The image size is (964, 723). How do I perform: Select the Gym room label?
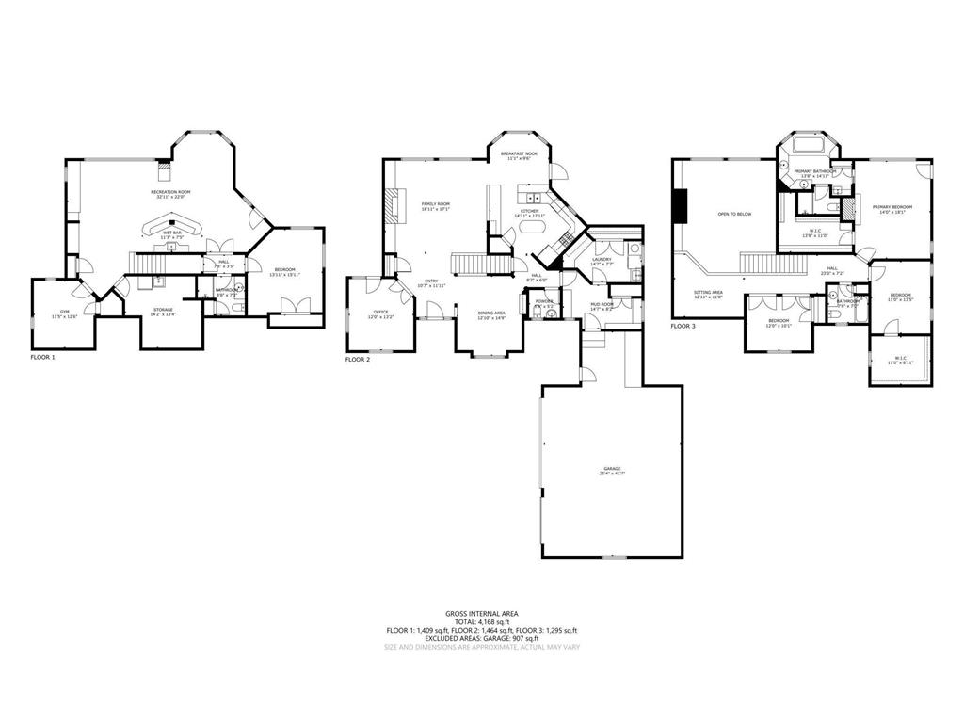[64, 313]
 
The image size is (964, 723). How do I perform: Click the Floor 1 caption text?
[43, 358]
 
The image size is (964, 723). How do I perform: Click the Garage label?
[613, 470]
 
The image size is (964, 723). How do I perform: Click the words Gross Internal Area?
[481, 613]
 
